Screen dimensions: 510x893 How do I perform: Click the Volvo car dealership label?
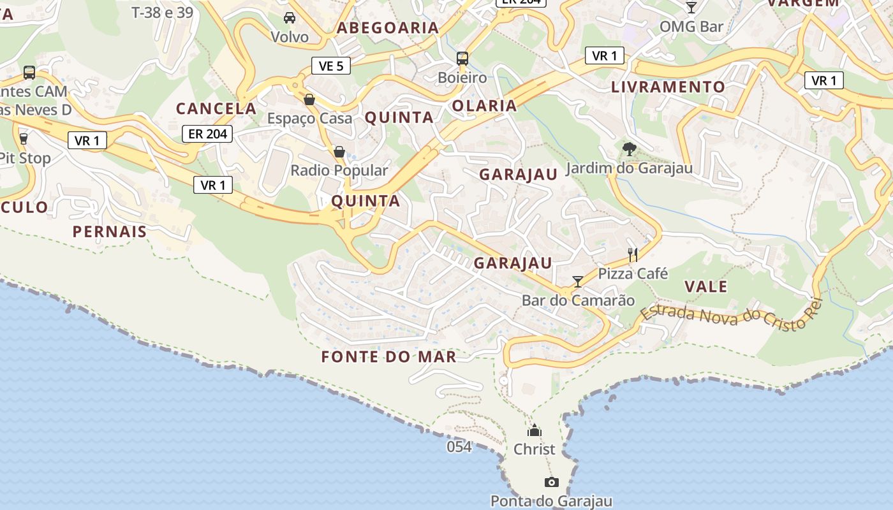(290, 37)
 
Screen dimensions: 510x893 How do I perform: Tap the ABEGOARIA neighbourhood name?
(388, 28)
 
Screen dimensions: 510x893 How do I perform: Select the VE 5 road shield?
(331, 65)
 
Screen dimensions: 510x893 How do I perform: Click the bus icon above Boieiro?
(462, 59)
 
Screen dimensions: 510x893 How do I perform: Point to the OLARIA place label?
(484, 106)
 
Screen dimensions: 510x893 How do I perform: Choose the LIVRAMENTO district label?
(668, 87)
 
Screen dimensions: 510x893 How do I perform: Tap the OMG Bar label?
(691, 27)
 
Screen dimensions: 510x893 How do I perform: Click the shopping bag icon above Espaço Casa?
(309, 99)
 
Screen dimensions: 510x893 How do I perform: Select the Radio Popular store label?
(339, 170)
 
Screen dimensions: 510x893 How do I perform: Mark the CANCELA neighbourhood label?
(216, 109)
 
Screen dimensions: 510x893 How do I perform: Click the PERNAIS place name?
(110, 231)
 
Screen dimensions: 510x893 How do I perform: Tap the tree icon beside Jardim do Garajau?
(630, 149)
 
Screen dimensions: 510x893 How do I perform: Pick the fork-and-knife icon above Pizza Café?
(633, 255)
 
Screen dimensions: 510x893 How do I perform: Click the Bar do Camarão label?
(579, 300)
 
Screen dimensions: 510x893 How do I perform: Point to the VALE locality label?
(706, 287)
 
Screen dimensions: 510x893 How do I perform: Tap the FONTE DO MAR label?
(389, 357)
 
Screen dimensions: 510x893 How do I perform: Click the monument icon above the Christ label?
(535, 431)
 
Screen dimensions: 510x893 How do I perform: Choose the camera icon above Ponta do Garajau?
(552, 482)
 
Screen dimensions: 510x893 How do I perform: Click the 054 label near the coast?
(459, 447)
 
